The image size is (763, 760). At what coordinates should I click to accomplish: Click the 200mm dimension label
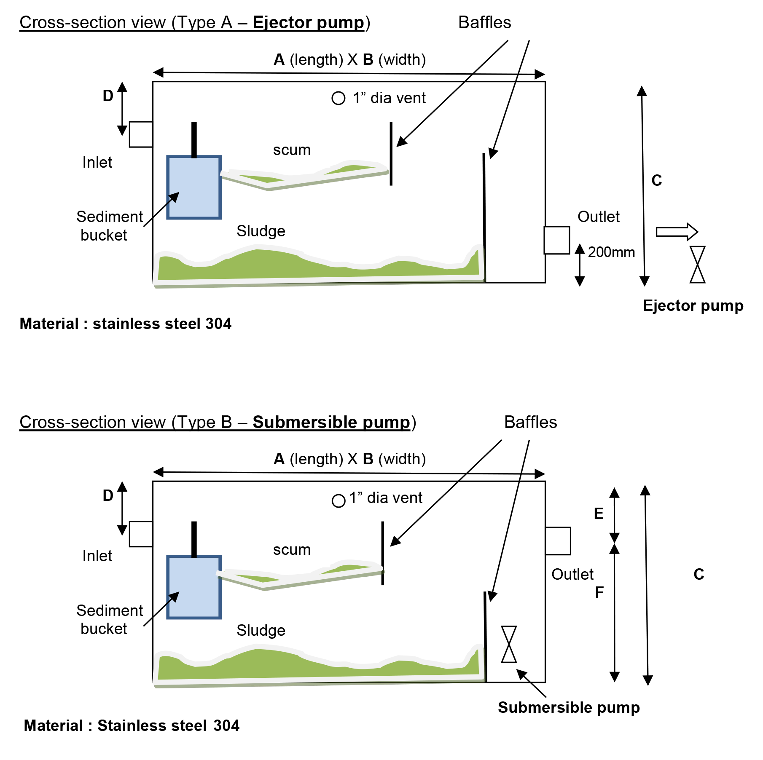(611, 252)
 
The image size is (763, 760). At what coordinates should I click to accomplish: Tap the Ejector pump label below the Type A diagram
(693, 305)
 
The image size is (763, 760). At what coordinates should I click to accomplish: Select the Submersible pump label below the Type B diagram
(569, 707)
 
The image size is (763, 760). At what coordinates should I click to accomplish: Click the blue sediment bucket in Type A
(194, 187)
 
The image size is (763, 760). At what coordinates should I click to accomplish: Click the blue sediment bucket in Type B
(194, 587)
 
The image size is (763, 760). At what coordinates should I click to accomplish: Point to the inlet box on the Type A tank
(141, 134)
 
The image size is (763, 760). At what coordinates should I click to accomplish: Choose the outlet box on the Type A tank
(557, 240)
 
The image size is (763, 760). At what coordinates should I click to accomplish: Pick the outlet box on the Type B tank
(558, 541)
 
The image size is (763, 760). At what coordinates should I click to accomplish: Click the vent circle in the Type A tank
(339, 98)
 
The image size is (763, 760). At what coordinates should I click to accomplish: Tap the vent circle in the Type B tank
(339, 501)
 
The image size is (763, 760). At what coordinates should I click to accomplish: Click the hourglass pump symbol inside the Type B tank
(509, 644)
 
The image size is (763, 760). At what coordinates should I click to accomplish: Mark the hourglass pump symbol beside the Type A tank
(698, 265)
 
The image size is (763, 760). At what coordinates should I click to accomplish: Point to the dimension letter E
(599, 514)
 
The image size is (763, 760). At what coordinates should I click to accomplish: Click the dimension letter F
(599, 592)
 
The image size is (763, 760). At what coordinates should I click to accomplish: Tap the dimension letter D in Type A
(108, 96)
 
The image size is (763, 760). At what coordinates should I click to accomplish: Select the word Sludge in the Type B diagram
(261, 630)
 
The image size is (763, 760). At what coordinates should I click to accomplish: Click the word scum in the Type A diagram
(292, 150)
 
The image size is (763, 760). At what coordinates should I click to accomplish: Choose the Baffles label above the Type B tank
(530, 422)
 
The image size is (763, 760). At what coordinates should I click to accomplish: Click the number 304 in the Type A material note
(218, 324)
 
